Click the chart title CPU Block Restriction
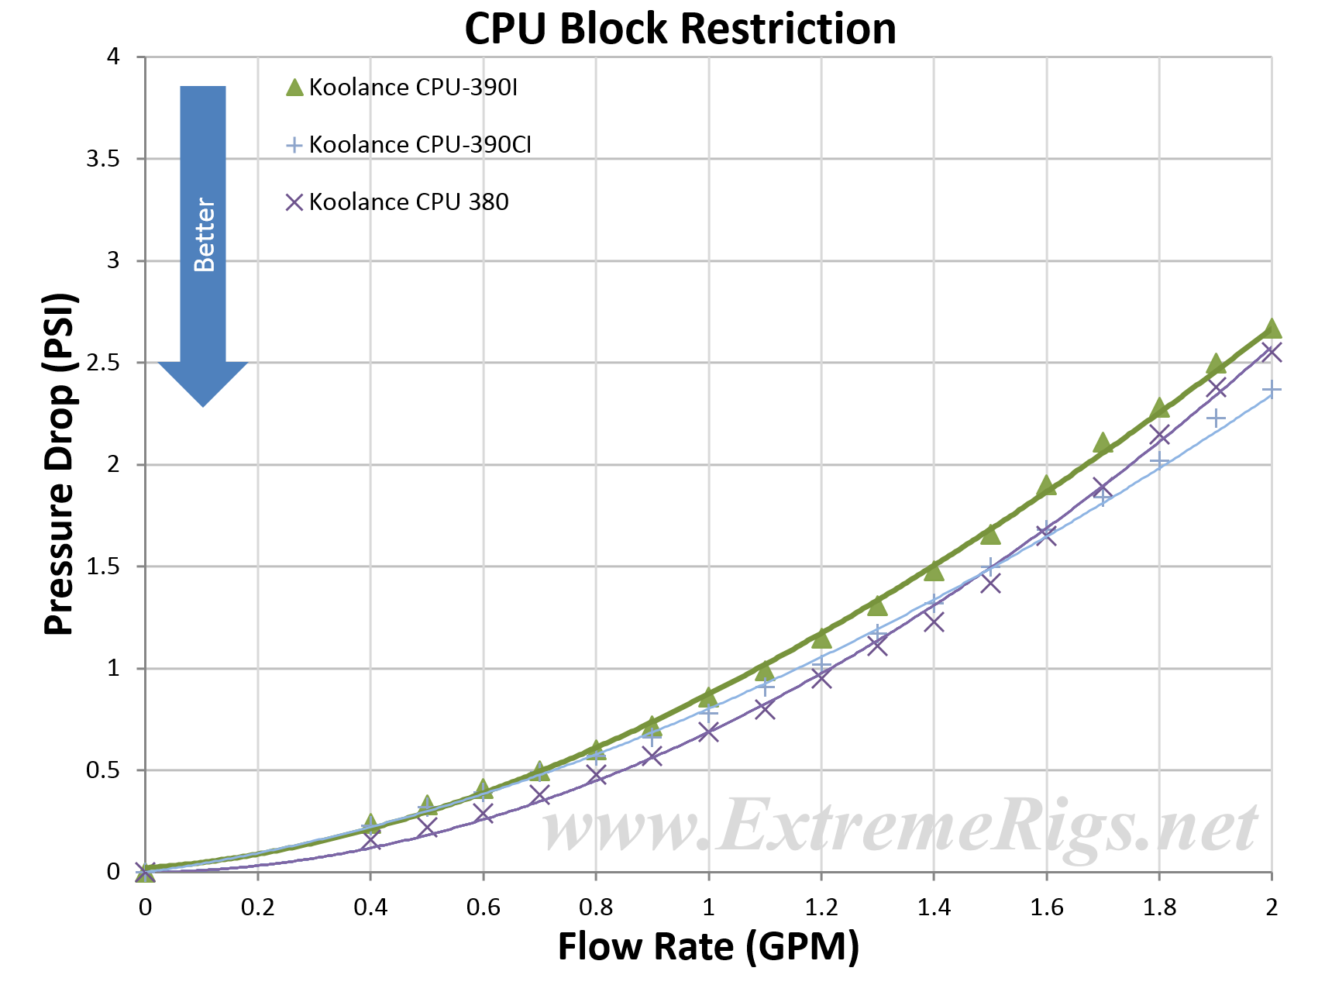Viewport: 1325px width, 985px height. click(680, 29)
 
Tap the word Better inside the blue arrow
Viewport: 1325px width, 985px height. click(204, 235)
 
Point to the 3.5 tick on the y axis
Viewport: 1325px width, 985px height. click(102, 159)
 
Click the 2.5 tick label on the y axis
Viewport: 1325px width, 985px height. click(102, 363)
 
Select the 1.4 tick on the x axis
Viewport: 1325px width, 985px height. click(934, 907)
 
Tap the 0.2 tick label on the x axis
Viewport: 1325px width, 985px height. click(257, 907)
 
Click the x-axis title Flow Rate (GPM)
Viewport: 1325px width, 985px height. click(708, 946)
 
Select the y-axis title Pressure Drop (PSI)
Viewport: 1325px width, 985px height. click(59, 464)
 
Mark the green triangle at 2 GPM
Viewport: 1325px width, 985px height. click(1272, 329)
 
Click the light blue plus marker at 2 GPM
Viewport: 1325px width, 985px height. click(1272, 390)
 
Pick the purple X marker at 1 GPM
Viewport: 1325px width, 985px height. click(708, 732)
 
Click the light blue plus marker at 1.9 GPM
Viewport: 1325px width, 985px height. click(1216, 418)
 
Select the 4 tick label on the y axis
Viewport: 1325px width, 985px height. click(113, 57)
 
